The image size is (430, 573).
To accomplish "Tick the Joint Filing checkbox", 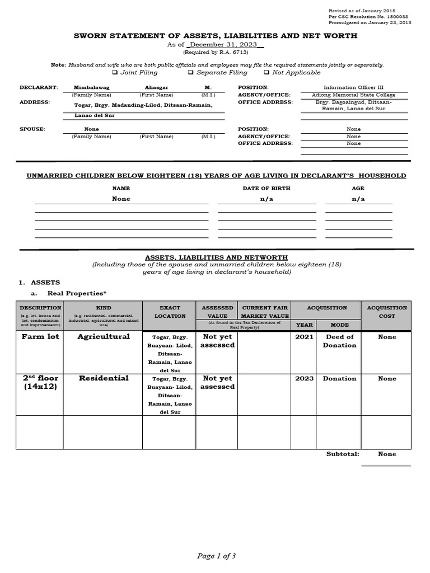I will pyautogui.click(x=115, y=73).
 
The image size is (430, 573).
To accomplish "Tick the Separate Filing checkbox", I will pyautogui.click(x=190, y=73).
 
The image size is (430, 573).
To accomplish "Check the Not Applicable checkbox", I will pyautogui.click(x=267, y=73).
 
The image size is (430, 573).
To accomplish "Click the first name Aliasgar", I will pyautogui.click(x=156, y=88).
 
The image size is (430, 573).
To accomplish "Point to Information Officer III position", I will pyautogui.click(x=354, y=88).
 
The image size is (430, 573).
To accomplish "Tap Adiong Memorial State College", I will pyautogui.click(x=354, y=95).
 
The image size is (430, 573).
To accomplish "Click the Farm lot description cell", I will pyautogui.click(x=39, y=337).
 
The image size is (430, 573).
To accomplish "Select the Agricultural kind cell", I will pyautogui.click(x=103, y=337).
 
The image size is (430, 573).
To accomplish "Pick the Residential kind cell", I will pyautogui.click(x=103, y=378).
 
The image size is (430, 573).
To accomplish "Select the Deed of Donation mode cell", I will pyautogui.click(x=339, y=341).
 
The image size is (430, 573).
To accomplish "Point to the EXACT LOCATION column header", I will pyautogui.click(x=170, y=312).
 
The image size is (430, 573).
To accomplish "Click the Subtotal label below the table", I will pyautogui.click(x=343, y=454).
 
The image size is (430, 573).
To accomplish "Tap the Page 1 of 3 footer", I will pyautogui.click(x=216, y=556).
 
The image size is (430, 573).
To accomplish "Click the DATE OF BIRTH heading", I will pyautogui.click(x=266, y=189).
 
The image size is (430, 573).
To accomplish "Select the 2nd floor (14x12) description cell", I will pyautogui.click(x=39, y=382).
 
